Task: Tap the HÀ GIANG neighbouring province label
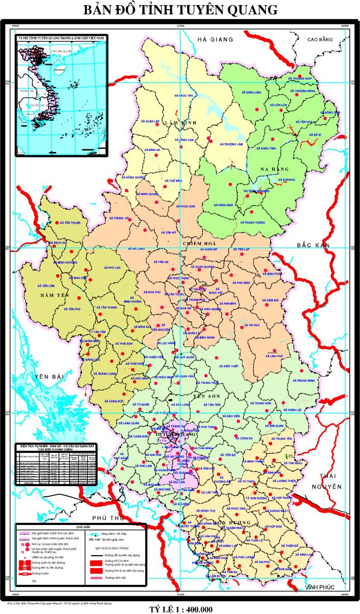[215, 39]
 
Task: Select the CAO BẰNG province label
[320, 39]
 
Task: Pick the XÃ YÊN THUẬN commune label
[71, 223]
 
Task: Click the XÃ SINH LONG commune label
[251, 93]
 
